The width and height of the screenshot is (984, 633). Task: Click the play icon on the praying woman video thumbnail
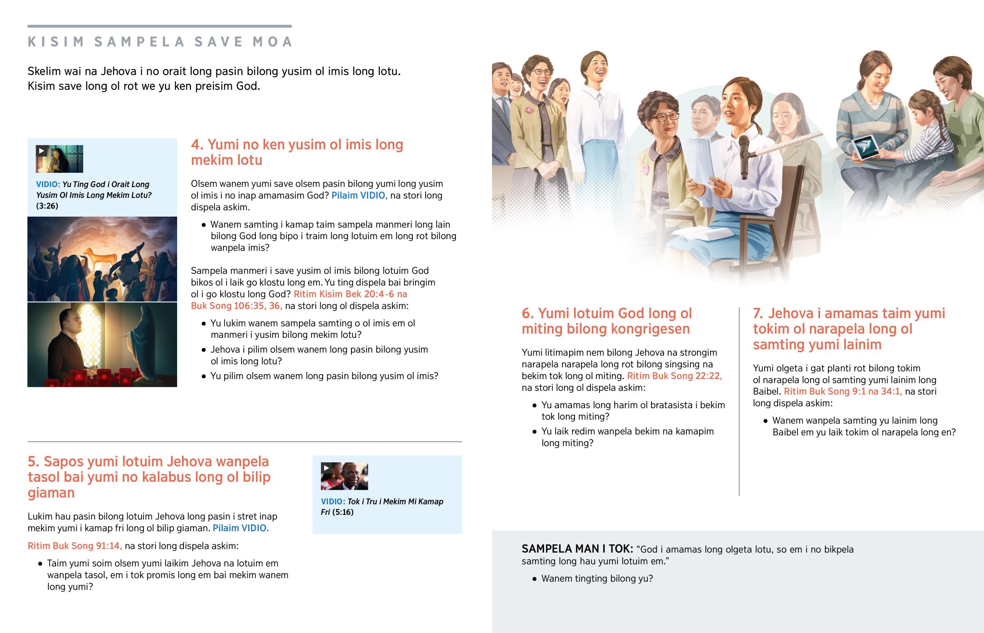41,151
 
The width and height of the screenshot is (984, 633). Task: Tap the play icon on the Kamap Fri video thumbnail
326,468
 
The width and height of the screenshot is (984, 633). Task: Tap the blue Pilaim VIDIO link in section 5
241,528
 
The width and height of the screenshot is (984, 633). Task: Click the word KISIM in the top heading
56,42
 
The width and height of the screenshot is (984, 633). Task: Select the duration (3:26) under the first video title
47,206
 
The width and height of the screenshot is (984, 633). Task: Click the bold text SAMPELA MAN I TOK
577,549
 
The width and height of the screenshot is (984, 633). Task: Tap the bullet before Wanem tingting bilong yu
534,579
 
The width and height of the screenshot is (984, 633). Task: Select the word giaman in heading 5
51,493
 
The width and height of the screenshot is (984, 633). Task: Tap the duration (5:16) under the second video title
342,512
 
